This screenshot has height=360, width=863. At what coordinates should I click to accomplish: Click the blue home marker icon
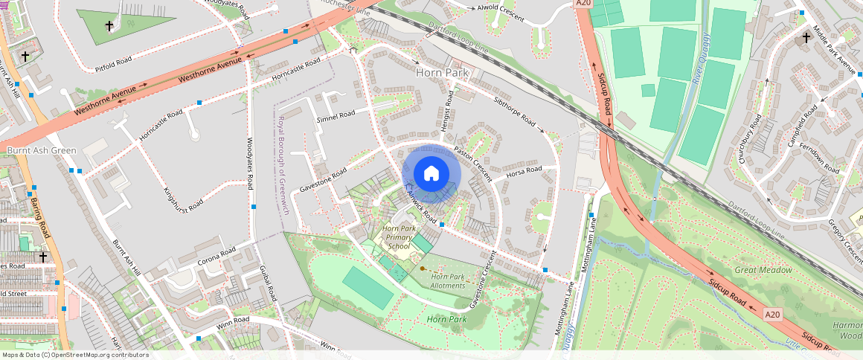[x=431, y=174]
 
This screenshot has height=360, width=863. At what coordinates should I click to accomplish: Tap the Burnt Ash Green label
[x=42, y=151]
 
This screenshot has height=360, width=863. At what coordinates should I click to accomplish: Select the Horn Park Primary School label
[x=399, y=237]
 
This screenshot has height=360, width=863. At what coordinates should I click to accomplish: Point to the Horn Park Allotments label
[x=448, y=281]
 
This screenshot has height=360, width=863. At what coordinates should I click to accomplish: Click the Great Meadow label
[x=763, y=270]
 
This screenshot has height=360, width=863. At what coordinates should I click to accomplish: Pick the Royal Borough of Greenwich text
[x=283, y=165]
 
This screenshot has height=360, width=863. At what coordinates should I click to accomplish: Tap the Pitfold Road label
[x=113, y=65]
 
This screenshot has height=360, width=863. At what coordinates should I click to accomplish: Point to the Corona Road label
[x=216, y=257]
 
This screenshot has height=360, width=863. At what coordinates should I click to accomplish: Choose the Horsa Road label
[x=524, y=171]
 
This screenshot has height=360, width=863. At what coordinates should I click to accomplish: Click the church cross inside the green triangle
[x=109, y=26]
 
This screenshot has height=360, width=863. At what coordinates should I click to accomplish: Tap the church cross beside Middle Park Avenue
[x=805, y=37]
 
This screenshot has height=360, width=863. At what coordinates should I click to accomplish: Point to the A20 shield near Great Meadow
[x=774, y=315]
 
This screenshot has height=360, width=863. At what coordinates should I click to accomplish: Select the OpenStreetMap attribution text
[x=75, y=355]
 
